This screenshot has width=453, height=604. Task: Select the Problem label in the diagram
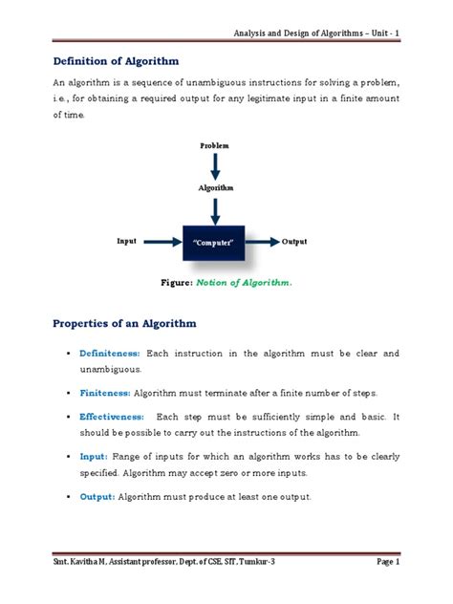(216, 144)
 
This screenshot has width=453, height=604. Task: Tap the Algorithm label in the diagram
(216, 188)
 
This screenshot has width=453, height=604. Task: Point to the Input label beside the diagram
(127, 242)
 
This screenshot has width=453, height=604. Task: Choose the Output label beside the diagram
(297, 243)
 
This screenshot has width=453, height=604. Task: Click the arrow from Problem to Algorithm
(216, 166)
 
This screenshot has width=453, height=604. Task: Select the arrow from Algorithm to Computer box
(216, 207)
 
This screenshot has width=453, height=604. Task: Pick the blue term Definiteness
(109, 354)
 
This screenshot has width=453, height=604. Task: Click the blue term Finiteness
(105, 393)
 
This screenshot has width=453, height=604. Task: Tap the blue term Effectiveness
(111, 418)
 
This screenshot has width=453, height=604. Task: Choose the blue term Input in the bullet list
(95, 458)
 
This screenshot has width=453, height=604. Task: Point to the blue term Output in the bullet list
(97, 497)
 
